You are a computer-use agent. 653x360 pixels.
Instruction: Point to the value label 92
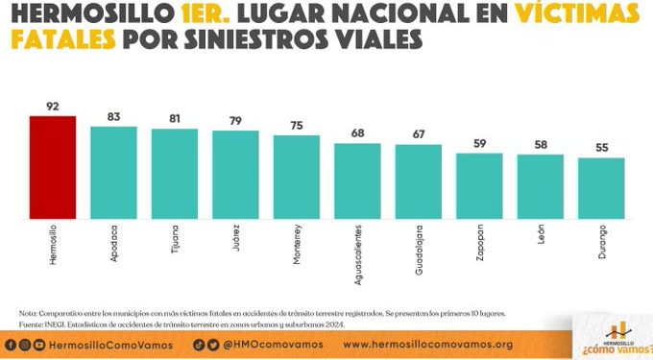pyautogui.click(x=52, y=105)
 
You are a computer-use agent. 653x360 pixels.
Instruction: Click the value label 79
pyautogui.click(x=235, y=119)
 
